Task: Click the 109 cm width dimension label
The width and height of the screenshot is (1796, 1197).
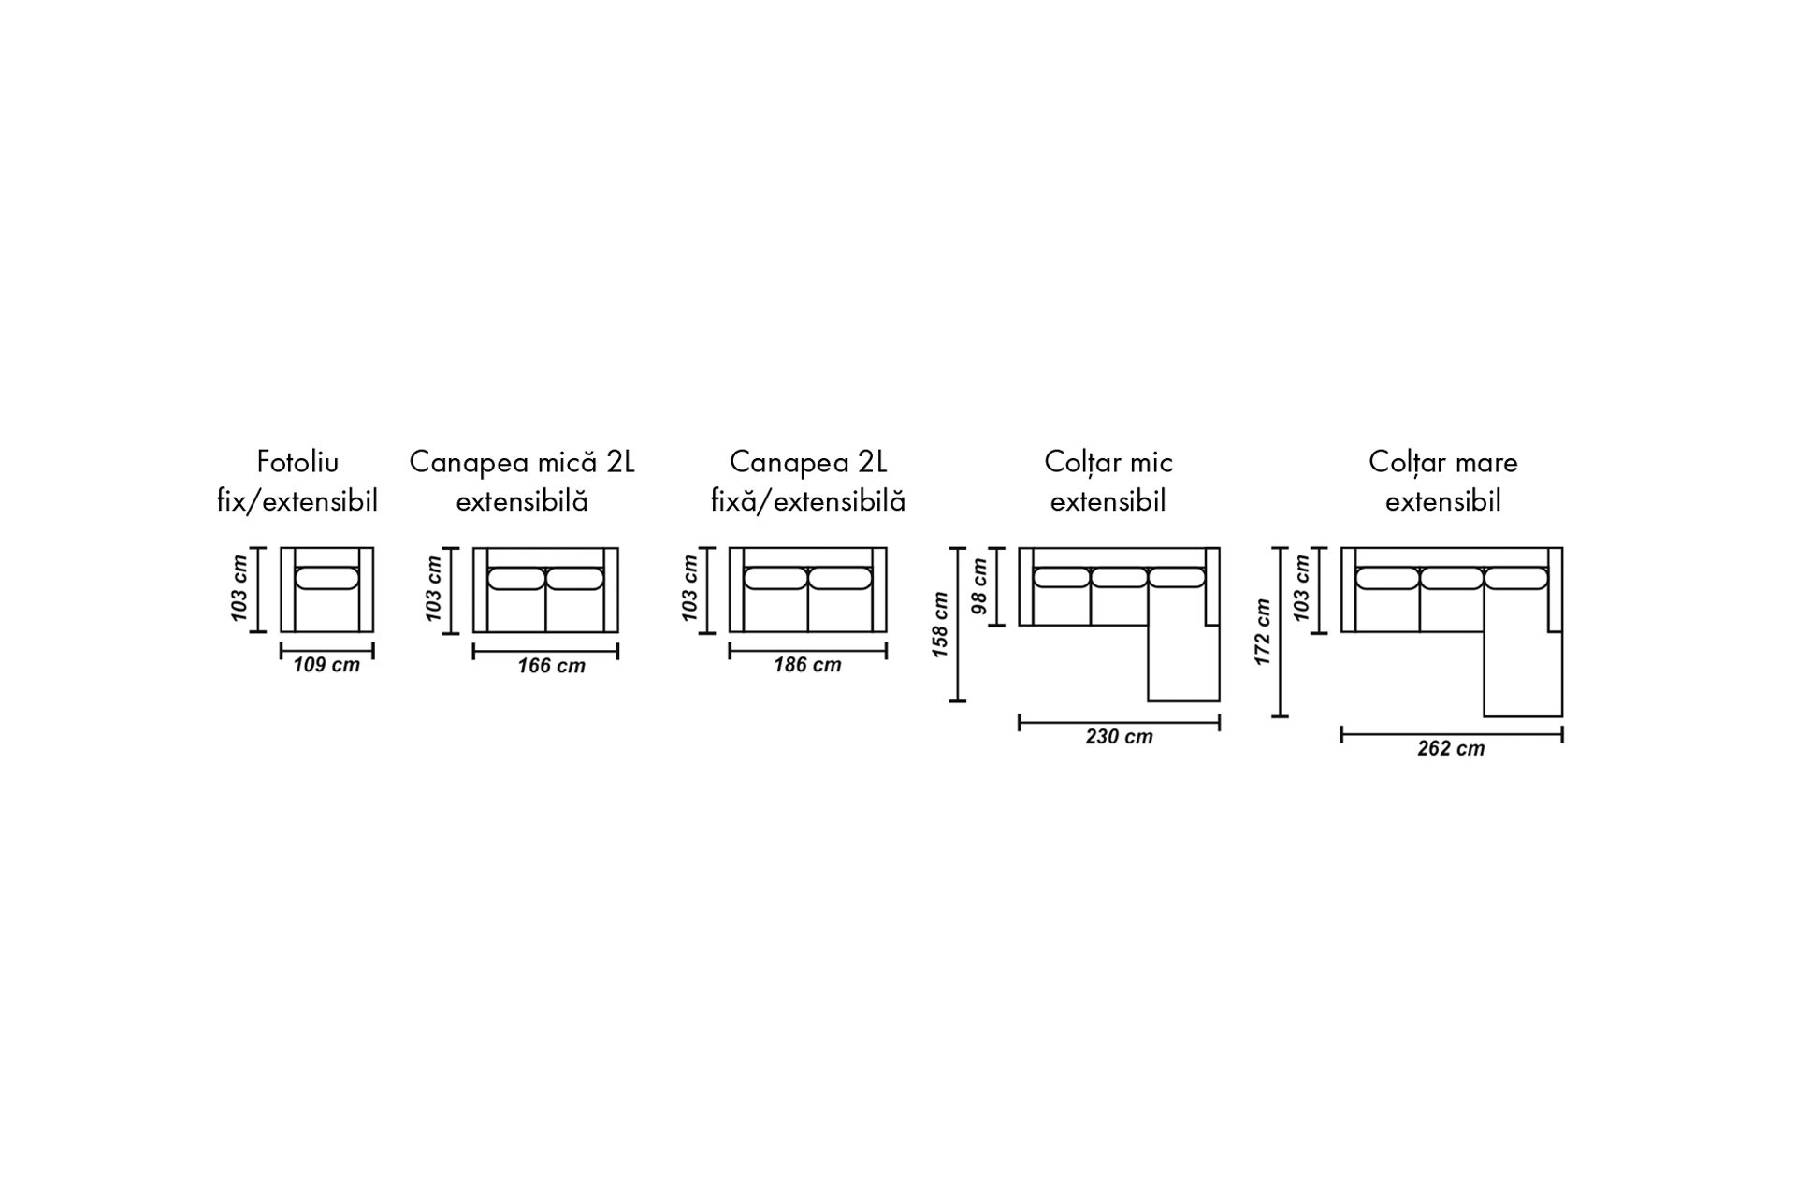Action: [x=326, y=666]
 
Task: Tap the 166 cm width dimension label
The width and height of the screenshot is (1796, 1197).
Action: [x=552, y=666]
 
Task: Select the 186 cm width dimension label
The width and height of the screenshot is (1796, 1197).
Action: [x=807, y=665]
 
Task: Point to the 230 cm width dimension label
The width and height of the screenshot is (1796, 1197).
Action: [x=1119, y=737]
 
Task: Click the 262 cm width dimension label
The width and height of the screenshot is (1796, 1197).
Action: [x=1451, y=749]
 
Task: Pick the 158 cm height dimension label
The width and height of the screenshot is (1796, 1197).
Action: [x=940, y=625]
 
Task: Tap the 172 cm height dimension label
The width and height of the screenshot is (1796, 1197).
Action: [x=1263, y=632]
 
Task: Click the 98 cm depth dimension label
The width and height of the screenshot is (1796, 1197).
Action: [x=979, y=586]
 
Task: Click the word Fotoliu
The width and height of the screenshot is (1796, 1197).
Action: [x=297, y=462]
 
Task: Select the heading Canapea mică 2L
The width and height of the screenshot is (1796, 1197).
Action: [x=522, y=462]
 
